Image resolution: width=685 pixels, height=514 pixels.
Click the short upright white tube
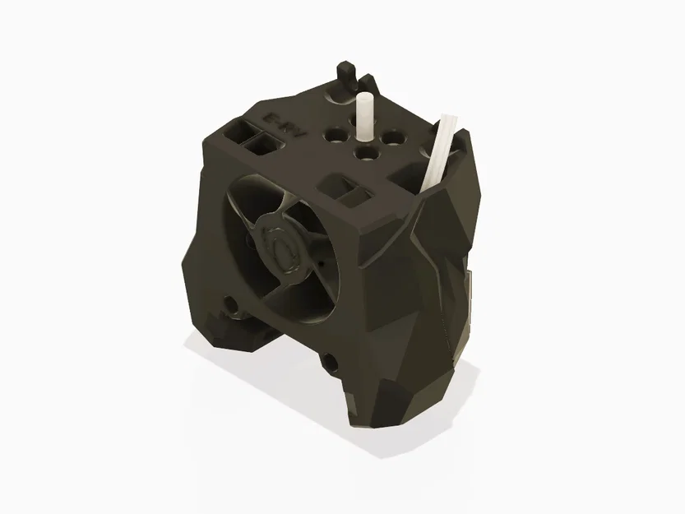click(x=363, y=115)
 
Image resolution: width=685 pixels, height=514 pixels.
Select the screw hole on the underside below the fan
click(x=330, y=360)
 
